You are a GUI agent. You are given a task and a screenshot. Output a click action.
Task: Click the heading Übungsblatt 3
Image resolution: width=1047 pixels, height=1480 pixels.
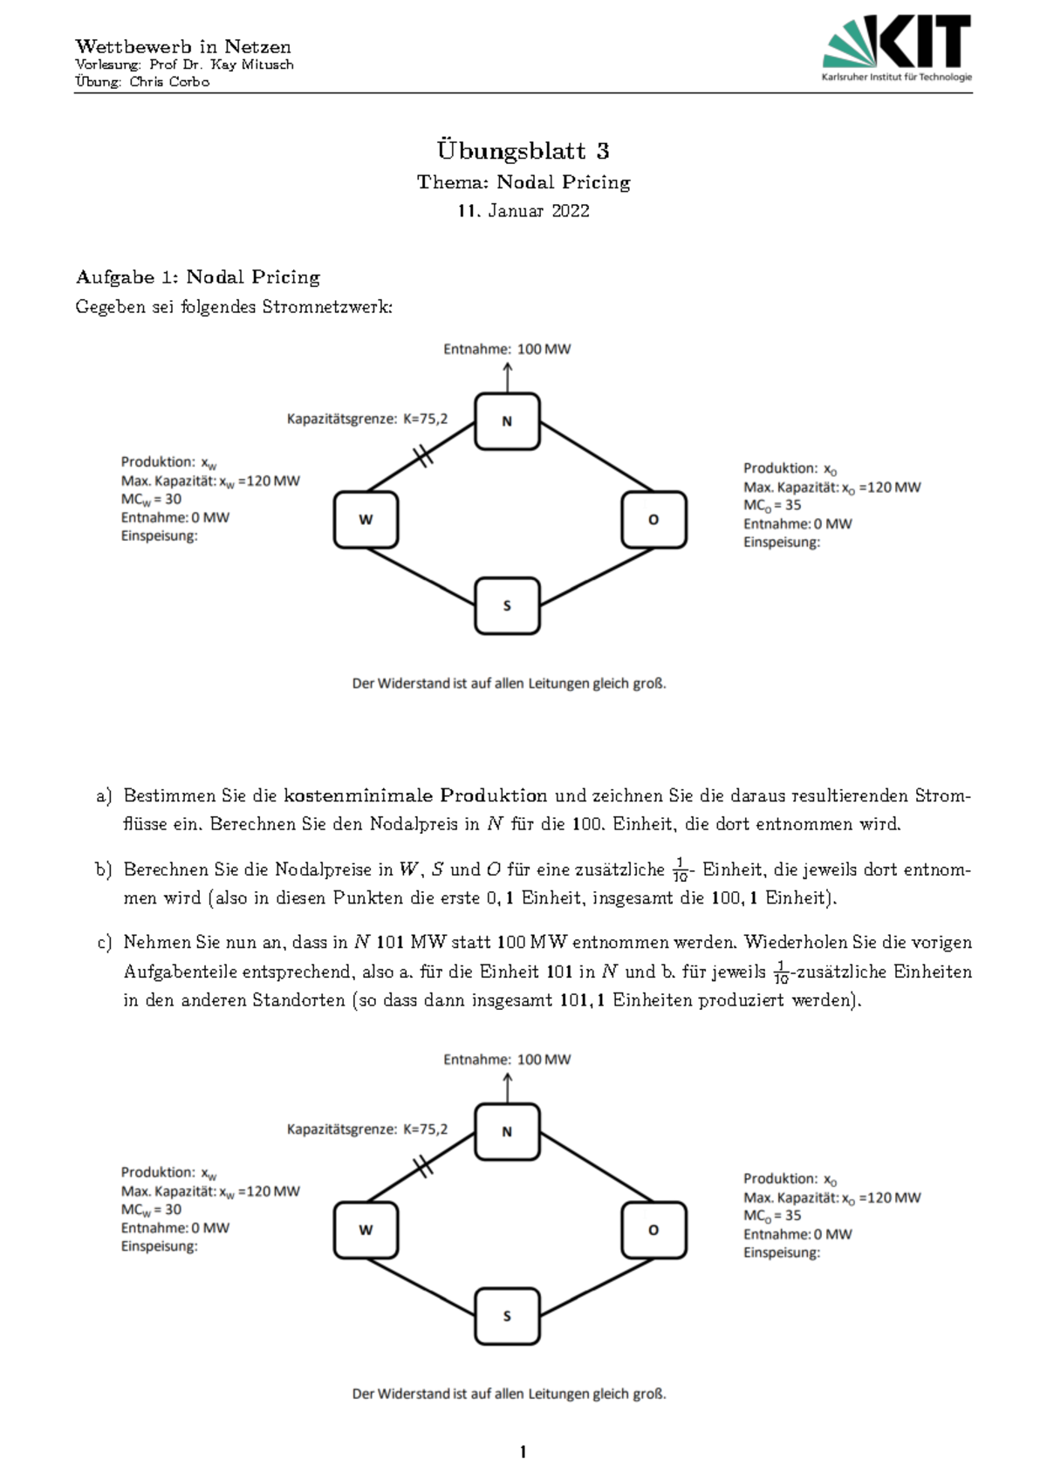[523, 151]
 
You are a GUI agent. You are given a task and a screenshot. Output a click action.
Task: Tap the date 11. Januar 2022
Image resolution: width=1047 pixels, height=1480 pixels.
[523, 211]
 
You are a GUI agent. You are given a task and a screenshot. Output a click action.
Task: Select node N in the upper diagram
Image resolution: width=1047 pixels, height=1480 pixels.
[507, 421]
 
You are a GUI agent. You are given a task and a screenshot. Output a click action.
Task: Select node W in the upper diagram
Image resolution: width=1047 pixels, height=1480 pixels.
[366, 520]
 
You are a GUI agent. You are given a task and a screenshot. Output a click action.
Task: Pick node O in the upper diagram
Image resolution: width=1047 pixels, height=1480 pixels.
[654, 520]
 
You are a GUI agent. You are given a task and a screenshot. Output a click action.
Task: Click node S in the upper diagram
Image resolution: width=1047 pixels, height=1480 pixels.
[507, 605]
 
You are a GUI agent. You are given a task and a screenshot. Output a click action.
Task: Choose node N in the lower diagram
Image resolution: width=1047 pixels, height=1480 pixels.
[507, 1132]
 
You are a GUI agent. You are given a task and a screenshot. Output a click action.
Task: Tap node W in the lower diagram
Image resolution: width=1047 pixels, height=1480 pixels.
[366, 1231]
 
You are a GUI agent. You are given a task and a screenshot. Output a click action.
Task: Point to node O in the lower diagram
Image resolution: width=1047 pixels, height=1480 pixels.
[654, 1231]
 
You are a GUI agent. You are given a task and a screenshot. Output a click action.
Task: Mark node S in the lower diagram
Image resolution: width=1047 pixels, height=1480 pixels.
[507, 1316]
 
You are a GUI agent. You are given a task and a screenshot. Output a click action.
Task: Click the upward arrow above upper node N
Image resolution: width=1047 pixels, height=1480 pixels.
[508, 377]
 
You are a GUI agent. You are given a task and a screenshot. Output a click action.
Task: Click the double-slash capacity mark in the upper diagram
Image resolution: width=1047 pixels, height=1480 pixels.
[423, 455]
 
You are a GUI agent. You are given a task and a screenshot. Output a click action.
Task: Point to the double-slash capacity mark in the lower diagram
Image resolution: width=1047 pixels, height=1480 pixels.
[423, 1166]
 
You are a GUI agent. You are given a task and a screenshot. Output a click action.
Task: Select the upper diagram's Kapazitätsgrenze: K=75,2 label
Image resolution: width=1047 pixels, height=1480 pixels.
[367, 419]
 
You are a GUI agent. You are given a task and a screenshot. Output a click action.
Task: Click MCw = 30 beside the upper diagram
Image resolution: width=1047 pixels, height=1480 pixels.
[152, 500]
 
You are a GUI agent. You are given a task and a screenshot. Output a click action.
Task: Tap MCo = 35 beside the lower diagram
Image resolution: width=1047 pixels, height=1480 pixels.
[772, 1216]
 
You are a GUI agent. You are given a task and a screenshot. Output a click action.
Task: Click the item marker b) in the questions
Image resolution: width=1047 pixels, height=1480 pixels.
[104, 870]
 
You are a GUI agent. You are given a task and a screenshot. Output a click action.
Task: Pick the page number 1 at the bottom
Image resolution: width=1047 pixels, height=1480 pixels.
[523, 1452]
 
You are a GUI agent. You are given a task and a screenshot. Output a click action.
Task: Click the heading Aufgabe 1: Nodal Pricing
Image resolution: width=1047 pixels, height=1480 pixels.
[198, 277]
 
